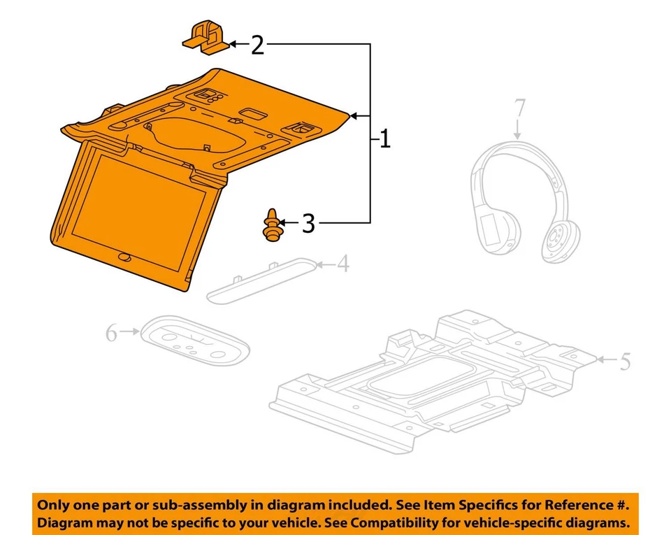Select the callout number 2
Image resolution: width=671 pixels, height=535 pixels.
(258, 45)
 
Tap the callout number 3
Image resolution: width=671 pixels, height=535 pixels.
(308, 224)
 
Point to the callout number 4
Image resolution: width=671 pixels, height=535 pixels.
(342, 265)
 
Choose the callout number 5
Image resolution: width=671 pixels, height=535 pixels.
(624, 362)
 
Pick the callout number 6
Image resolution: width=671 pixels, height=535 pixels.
(112, 334)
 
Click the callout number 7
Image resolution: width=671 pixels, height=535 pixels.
(518, 109)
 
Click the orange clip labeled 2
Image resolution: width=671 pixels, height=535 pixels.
(205, 38)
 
